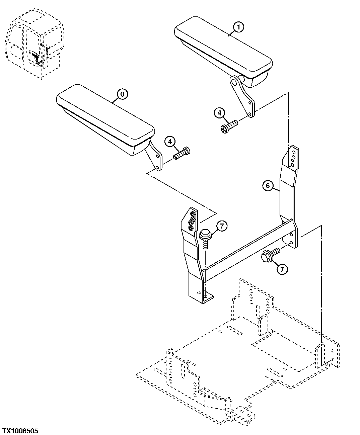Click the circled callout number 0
(x=122, y=94)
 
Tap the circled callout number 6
(x=268, y=186)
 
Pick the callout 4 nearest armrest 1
(x=219, y=113)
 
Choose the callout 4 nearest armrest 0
(x=170, y=142)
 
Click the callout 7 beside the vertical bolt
(x=222, y=226)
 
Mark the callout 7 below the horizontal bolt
(x=282, y=268)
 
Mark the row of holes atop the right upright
(x=293, y=157)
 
